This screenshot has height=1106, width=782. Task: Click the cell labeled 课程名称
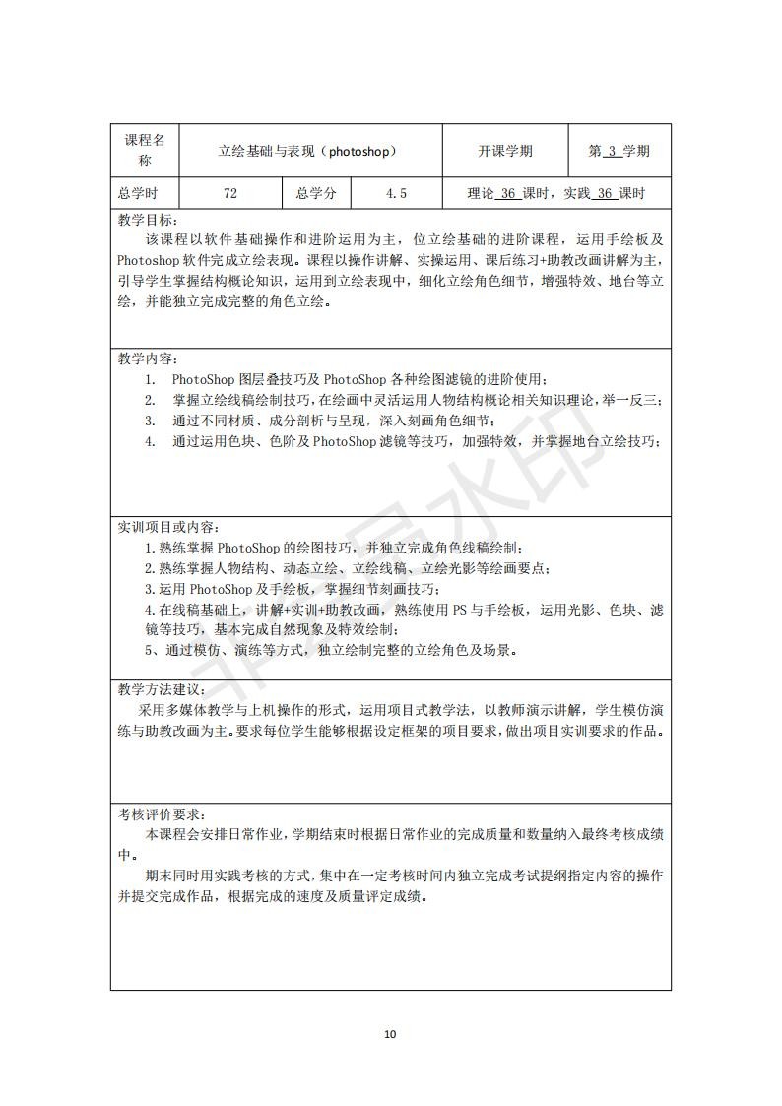pos(145,151)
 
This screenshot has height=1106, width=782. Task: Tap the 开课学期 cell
pos(505,152)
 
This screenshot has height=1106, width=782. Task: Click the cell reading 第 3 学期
pos(619,152)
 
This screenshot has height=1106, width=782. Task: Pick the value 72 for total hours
pos(229,194)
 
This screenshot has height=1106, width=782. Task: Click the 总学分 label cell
pos(316,194)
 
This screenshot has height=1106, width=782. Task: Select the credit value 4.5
pos(396,194)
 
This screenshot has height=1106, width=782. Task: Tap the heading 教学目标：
pos(149,221)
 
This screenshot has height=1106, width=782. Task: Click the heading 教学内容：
pos(149,358)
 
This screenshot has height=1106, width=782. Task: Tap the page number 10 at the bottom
pos(390,1034)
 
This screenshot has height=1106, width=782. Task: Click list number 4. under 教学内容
pos(151,441)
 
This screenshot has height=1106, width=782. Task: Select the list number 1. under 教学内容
pos(151,379)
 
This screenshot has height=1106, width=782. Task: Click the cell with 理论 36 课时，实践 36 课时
pos(555,194)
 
